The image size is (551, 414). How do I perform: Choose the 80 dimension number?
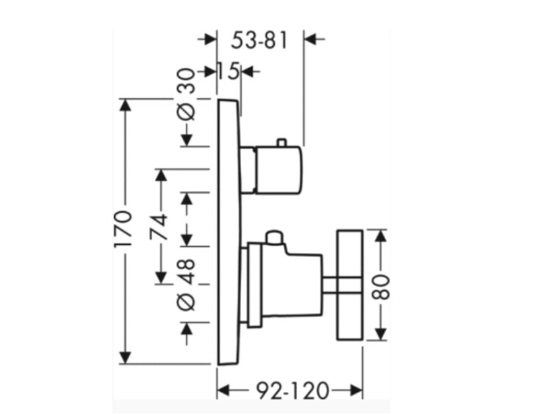(x=380, y=284)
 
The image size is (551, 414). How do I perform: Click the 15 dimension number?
(x=228, y=71)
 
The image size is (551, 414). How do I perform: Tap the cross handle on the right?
(x=350, y=284)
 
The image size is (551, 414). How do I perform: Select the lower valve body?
(x=290, y=284)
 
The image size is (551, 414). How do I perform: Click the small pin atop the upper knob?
(x=280, y=141)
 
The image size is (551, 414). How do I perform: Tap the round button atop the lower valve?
(x=275, y=237)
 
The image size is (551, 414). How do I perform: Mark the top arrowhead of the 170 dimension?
(x=126, y=104)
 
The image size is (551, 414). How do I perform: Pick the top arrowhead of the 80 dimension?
(x=380, y=236)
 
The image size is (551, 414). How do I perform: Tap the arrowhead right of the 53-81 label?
(x=311, y=38)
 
